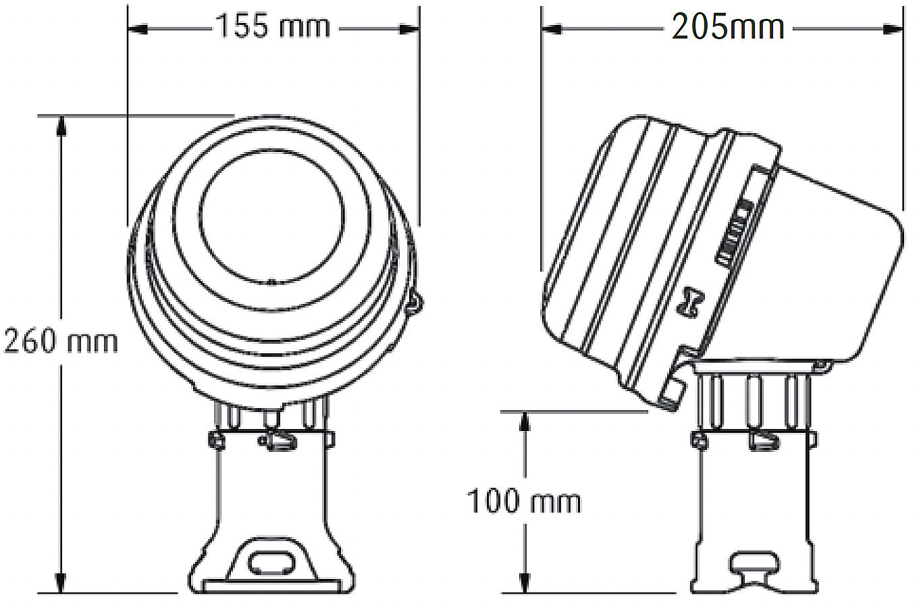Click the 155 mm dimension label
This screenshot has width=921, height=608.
[273, 27]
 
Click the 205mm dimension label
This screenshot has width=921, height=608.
[728, 28]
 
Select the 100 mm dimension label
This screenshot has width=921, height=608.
[524, 501]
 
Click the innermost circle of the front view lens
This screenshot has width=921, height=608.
[272, 216]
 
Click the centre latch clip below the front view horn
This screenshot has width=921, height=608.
[276, 439]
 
